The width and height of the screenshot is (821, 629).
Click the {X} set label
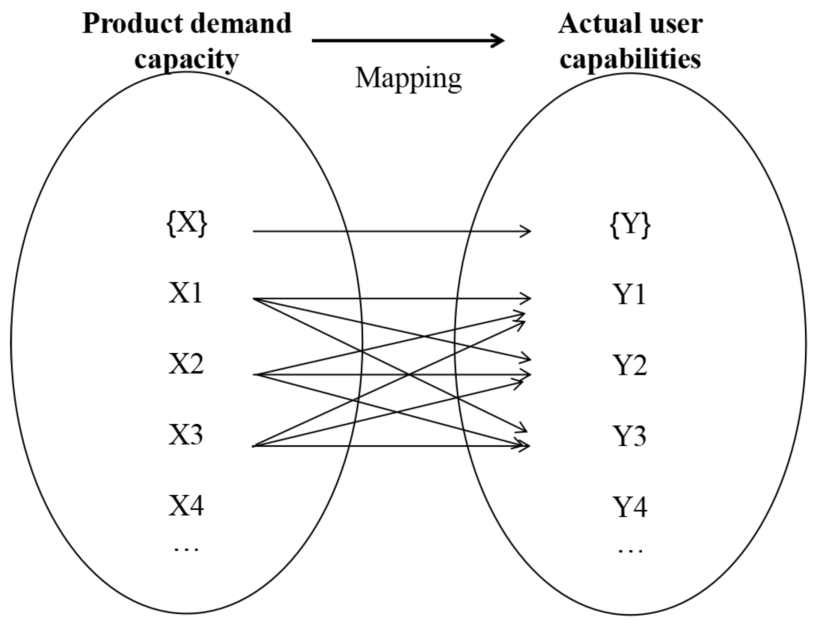pos(186,225)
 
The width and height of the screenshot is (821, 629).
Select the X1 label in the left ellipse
pos(186,293)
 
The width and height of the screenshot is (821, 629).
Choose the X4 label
pos(186,506)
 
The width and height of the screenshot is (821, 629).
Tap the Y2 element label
pos(631,366)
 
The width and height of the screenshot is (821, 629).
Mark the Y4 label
pos(631,507)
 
